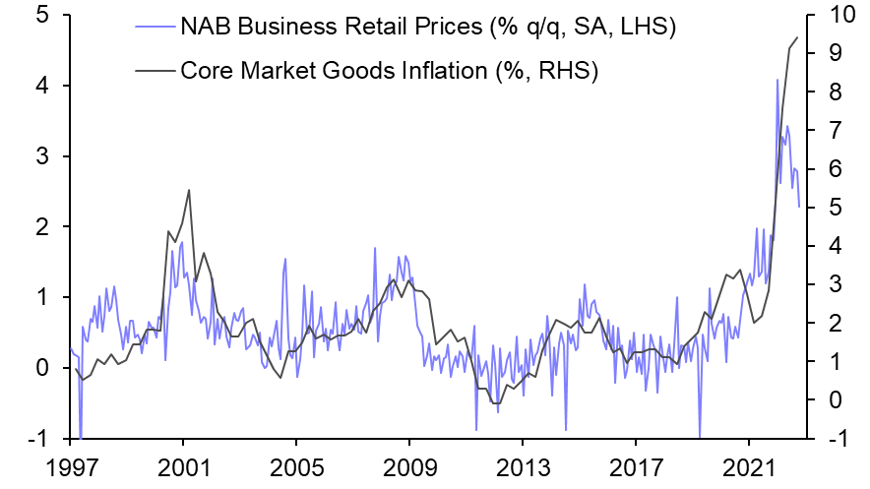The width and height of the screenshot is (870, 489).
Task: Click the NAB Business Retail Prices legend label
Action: (x=427, y=28)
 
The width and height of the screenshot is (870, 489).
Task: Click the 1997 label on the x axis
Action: (x=71, y=464)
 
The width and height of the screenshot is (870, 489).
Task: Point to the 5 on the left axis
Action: (x=44, y=16)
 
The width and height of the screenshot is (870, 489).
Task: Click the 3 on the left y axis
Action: (x=44, y=156)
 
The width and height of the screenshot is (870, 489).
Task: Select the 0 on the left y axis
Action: (x=44, y=368)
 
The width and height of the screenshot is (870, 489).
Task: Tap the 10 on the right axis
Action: (x=829, y=16)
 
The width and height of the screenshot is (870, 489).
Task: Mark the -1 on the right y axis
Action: (x=827, y=439)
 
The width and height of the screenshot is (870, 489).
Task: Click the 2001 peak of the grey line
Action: (x=188, y=190)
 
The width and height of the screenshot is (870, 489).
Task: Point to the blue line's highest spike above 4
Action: (x=777, y=80)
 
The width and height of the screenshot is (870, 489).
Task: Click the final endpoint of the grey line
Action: (x=797, y=37)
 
